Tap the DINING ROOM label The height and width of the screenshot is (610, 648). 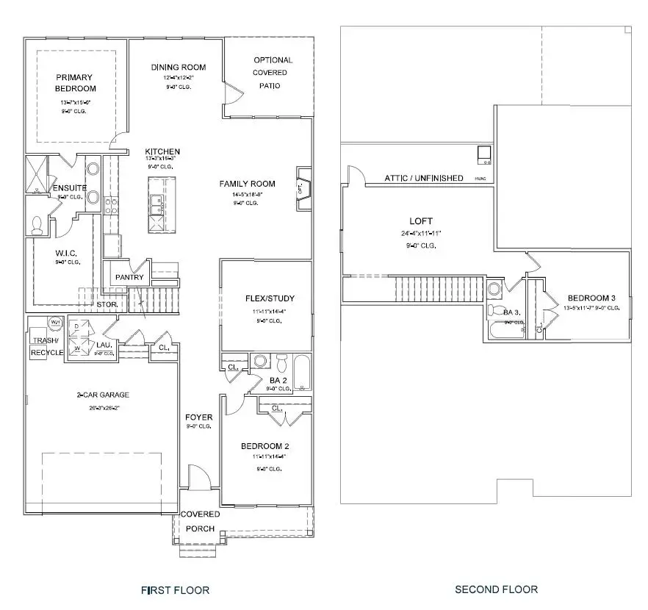179,68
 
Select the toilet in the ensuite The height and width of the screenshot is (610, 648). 36,225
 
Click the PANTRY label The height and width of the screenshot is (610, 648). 129,277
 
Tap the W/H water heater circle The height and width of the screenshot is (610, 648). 55,323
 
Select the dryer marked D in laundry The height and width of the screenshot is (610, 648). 76,326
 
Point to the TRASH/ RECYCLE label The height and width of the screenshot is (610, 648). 46,346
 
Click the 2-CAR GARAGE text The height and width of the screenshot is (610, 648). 102,395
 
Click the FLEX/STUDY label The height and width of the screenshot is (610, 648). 270,298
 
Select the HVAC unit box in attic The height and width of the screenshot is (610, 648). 484,155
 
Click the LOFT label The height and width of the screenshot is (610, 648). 421,220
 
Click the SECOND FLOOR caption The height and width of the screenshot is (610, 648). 496,589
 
